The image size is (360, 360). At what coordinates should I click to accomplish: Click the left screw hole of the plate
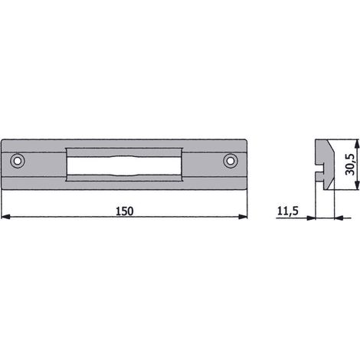18,161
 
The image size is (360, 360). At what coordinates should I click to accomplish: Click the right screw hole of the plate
231,161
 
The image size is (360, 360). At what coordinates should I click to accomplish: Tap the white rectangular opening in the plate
124,166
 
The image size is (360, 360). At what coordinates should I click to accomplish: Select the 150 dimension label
125,211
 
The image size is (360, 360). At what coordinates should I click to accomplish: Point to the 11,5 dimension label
287,211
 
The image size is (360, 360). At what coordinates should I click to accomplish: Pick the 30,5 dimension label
349,165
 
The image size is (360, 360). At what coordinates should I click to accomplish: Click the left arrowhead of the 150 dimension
5,217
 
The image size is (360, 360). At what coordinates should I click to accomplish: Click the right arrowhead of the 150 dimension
243,217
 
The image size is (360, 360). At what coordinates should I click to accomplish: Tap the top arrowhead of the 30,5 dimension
357,144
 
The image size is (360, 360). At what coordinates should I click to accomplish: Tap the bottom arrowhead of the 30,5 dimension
357,185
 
